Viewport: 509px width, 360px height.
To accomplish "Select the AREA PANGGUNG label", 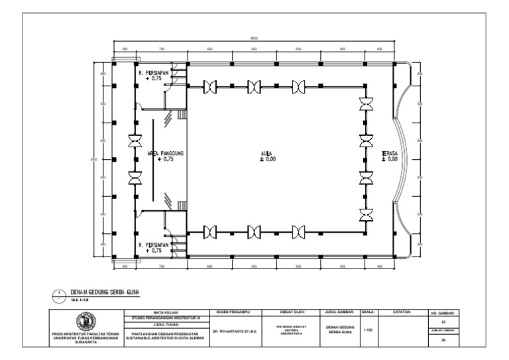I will (x=165, y=153).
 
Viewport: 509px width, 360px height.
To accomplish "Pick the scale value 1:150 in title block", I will (x=368, y=330).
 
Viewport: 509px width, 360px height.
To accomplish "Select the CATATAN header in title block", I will (x=402, y=310).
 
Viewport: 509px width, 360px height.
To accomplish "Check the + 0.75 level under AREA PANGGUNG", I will (x=165, y=160).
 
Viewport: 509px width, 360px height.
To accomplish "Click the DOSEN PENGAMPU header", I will (x=236, y=310).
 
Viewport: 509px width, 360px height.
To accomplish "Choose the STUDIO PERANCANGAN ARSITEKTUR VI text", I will (x=166, y=318).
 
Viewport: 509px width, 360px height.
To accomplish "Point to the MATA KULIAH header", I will (x=166, y=311).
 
